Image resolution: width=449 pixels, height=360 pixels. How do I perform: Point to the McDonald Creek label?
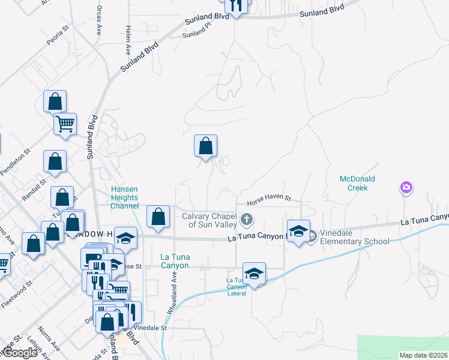pyautogui.click(x=357, y=183)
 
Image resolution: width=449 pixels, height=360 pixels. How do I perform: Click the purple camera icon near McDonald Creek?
pyautogui.click(x=406, y=188)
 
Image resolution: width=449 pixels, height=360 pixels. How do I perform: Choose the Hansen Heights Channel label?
pyautogui.click(x=124, y=197)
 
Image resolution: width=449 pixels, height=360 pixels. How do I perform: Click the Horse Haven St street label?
pyautogui.click(x=264, y=199)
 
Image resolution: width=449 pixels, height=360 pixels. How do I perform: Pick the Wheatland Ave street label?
pyautogui.click(x=171, y=293)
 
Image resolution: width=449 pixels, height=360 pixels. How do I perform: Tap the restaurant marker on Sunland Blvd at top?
pyautogui.click(x=236, y=6)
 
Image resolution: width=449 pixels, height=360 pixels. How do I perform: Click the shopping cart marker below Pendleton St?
pyautogui.click(x=65, y=124)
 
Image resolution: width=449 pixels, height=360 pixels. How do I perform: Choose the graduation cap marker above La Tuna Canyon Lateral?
pyautogui.click(x=255, y=274)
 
